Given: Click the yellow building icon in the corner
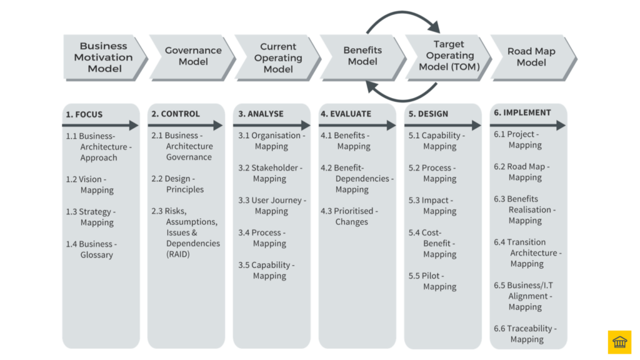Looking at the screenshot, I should point(619,342).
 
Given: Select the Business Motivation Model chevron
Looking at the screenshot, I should point(104,57).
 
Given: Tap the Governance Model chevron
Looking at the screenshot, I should point(192,56).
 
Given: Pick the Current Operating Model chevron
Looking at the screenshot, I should point(277,57).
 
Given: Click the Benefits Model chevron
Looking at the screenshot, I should point(362,56).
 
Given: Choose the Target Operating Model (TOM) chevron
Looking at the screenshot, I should point(447,56).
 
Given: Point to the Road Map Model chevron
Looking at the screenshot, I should point(532,56).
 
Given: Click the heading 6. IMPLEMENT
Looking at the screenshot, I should point(522,112).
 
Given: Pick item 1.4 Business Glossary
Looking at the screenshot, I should point(92,249).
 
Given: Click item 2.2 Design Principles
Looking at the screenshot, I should point(177,184).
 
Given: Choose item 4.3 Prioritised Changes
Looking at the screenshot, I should point(349,216).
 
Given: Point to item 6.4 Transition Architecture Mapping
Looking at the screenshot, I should point(527,252).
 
